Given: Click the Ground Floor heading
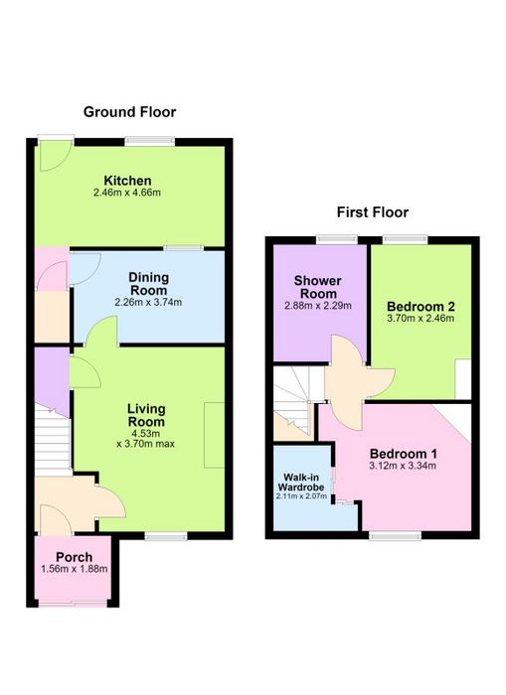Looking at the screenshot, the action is click(129, 112).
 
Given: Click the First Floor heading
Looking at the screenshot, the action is click(373, 212).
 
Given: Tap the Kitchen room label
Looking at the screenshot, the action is click(127, 181).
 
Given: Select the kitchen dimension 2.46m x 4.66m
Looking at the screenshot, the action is click(127, 193).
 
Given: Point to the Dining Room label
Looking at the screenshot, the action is click(148, 284).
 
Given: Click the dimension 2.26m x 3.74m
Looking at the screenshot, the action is click(148, 303).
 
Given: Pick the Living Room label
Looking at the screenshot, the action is click(146, 415).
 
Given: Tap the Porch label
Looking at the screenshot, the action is click(75, 557).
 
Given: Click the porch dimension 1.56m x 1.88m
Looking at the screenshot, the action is click(75, 569).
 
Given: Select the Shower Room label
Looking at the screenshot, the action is click(318, 287).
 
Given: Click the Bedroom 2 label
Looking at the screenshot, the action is click(421, 306).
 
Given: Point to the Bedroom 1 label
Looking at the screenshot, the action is click(403, 454).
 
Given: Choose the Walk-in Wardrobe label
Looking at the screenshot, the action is click(301, 483).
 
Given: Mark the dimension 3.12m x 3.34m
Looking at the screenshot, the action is click(403, 466).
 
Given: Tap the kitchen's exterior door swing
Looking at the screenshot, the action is click(56, 156).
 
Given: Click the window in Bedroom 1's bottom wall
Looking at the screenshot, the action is click(395, 536).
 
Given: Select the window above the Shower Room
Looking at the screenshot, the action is click(337, 239).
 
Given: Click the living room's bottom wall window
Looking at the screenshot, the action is click(166, 536).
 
